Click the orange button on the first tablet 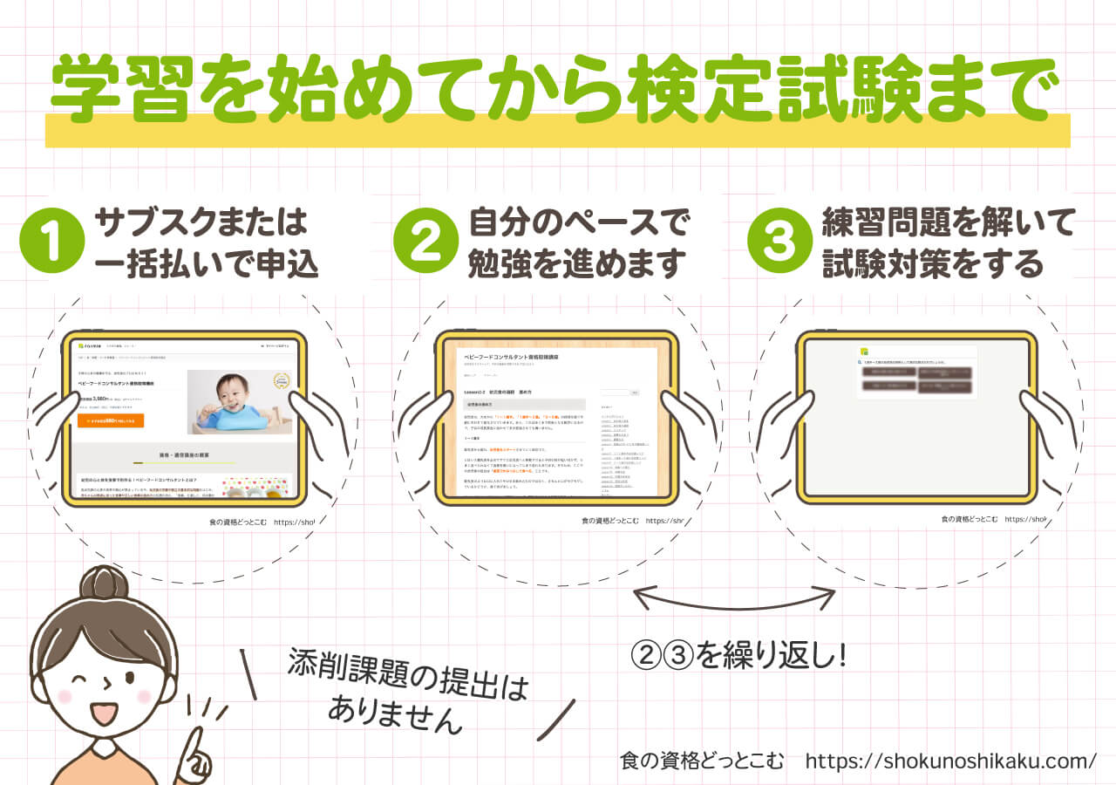pyautogui.click(x=111, y=420)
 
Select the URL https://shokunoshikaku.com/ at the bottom pyautogui.click(x=950, y=761)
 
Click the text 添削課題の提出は pyautogui.click(x=408, y=679)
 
